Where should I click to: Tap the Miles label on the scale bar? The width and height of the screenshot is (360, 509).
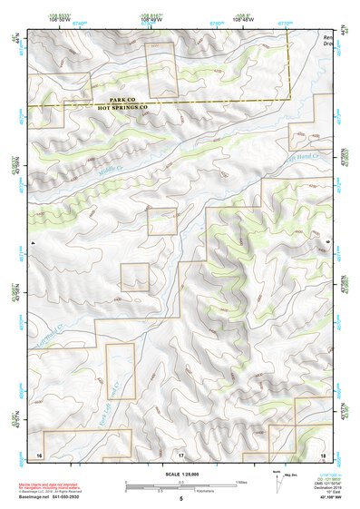coord(240,482)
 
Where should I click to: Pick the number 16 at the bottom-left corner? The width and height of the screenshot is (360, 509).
coord(39,453)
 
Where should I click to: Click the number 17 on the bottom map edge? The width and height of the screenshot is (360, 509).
coord(180,453)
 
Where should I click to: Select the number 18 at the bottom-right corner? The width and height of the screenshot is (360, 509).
coord(323,453)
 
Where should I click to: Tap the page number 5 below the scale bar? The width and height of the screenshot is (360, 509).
coord(180,499)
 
